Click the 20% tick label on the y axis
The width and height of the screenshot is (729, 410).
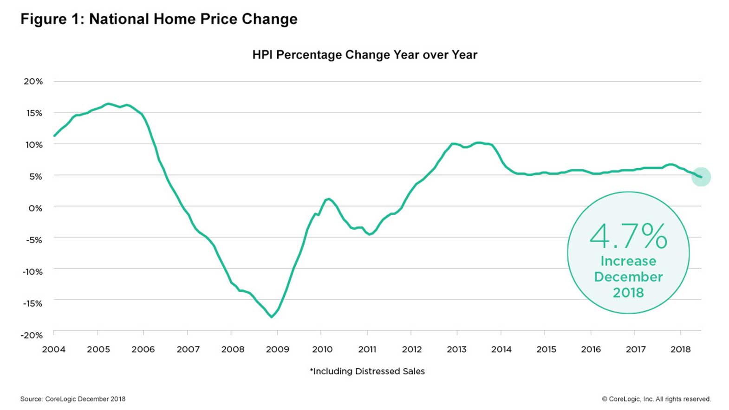pyautogui.click(x=33, y=82)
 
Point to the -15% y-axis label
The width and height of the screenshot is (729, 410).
pyautogui.click(x=32, y=303)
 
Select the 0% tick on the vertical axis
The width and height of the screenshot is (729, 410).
pyautogui.click(x=35, y=208)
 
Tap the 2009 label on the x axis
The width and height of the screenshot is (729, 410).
pyautogui.click(x=277, y=349)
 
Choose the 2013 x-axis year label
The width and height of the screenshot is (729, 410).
pyautogui.click(x=456, y=349)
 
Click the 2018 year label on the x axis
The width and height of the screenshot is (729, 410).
pyautogui.click(x=680, y=349)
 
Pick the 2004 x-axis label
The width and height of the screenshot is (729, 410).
pyautogui.click(x=54, y=349)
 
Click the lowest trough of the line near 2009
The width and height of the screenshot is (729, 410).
pyautogui.click(x=272, y=317)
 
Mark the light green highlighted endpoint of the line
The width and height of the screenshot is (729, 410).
pyautogui.click(x=701, y=177)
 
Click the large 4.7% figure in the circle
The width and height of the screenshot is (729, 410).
pyautogui.click(x=628, y=236)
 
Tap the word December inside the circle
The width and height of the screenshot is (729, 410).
pyautogui.click(x=628, y=277)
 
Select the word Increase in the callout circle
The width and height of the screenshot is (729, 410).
pyautogui.click(x=628, y=261)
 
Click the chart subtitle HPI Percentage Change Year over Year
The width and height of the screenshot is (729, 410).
pyautogui.click(x=364, y=55)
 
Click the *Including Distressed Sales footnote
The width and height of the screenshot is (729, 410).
pyautogui.click(x=367, y=371)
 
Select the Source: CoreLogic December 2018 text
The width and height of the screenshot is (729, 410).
pyautogui.click(x=72, y=399)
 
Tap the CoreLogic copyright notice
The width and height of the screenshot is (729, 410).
pyautogui.click(x=656, y=399)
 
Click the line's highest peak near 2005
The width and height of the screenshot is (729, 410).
pyautogui.click(x=108, y=103)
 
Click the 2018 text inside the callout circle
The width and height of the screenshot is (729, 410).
pyautogui.click(x=628, y=293)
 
